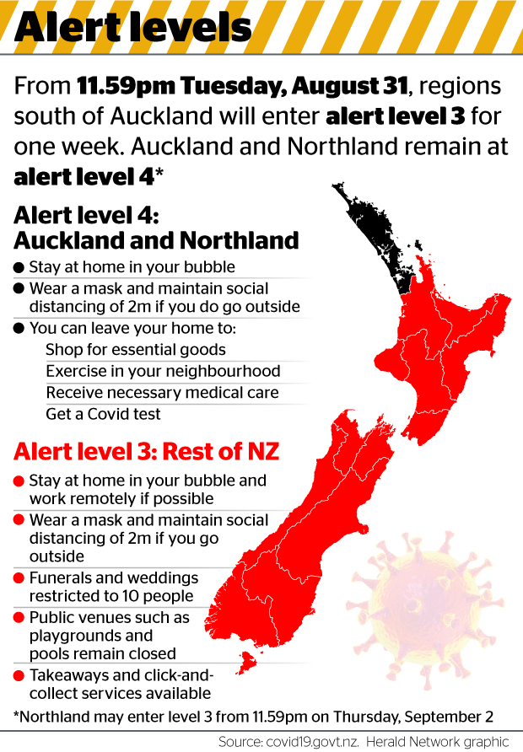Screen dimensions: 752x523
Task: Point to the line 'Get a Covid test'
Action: [103, 414]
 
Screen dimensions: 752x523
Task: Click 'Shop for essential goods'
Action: [136, 348]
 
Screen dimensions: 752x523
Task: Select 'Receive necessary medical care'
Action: [162, 392]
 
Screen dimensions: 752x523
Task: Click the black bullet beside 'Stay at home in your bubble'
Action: [19, 268]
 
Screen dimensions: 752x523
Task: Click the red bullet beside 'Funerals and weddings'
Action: [19, 579]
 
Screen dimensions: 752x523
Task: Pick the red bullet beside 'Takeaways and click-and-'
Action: [19, 676]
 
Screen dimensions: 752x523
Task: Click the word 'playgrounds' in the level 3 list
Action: [78, 636]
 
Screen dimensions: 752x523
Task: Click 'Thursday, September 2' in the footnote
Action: [424, 717]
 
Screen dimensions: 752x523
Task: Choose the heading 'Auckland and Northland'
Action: [156, 240]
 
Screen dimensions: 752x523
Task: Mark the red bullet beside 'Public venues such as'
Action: [19, 618]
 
